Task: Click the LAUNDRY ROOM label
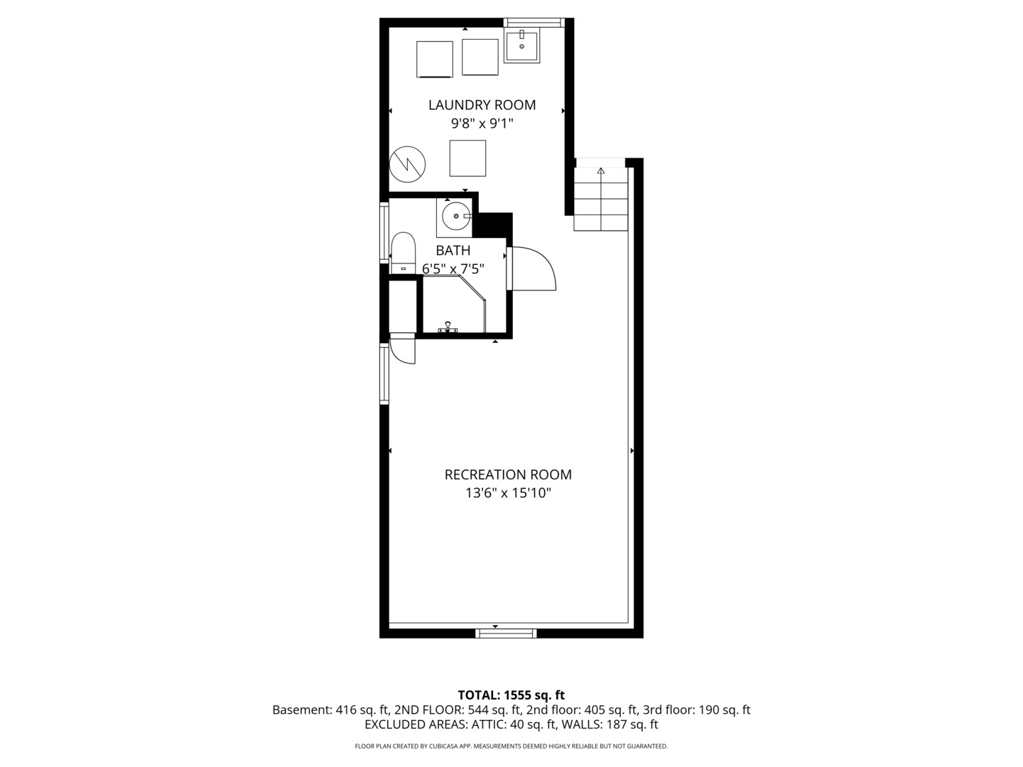[x=482, y=105]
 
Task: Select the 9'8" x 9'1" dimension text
[x=482, y=124]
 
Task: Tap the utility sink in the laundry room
[x=521, y=45]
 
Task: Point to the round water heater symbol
[x=407, y=164]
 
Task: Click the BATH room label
[x=453, y=251]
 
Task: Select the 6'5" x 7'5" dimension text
[x=453, y=269]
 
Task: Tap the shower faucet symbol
[x=448, y=327]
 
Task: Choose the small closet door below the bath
[x=403, y=348]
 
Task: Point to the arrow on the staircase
[x=601, y=170]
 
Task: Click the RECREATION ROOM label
[x=508, y=474]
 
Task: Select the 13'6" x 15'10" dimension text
[x=508, y=493]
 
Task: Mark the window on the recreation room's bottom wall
[x=506, y=633]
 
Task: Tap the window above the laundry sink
[x=534, y=23]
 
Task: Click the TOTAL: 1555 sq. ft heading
[x=511, y=695]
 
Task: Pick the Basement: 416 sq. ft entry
[x=330, y=709]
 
